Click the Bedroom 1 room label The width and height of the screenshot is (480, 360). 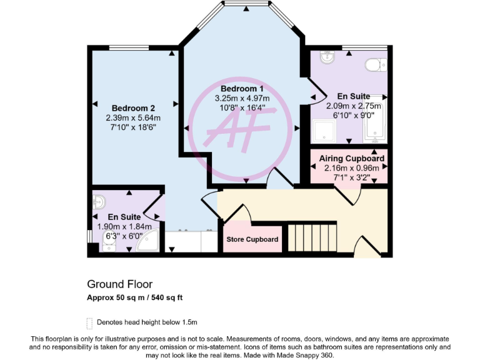[242, 88]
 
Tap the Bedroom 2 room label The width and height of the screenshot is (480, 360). [132, 107]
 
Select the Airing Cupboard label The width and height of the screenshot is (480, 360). [352, 159]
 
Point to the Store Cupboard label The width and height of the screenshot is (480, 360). [252, 239]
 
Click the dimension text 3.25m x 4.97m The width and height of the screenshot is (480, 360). [242, 98]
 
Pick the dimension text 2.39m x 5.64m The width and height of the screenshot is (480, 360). [132, 117]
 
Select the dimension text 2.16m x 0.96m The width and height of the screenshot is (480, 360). [352, 167]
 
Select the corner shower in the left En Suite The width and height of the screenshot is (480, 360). [148, 242]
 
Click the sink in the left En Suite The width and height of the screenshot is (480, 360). [99, 202]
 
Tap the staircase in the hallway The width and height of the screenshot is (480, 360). [311, 237]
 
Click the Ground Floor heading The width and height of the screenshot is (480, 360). [119, 284]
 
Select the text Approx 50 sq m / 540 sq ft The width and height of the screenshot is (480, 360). [134, 297]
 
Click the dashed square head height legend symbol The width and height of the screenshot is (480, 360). [89, 323]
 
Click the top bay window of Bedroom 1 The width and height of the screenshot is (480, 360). [246, 5]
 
